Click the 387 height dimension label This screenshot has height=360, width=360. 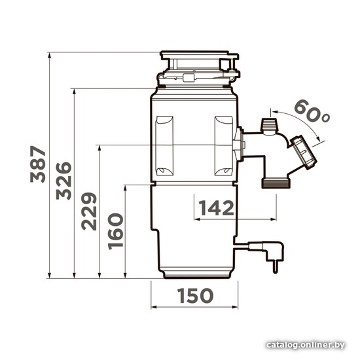tap(38, 164)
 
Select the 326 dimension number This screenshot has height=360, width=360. tap(64, 181)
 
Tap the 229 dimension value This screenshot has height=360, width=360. tap(89, 211)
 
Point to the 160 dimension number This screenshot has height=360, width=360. tap(115, 232)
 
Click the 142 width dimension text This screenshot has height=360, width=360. tap(216, 208)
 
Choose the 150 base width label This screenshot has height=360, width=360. tap(196, 295)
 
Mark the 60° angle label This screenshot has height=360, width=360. tap(312, 111)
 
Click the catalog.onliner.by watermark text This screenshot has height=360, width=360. tap(306, 345)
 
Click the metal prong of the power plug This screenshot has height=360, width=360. tap(275, 267)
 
